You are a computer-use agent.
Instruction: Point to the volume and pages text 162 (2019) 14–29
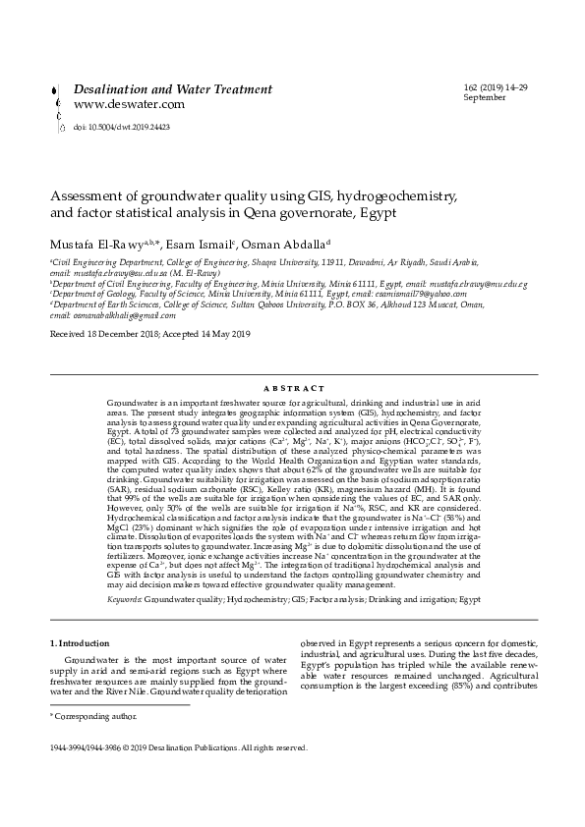click(x=494, y=88)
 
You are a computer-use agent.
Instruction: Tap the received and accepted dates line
click(x=150, y=335)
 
